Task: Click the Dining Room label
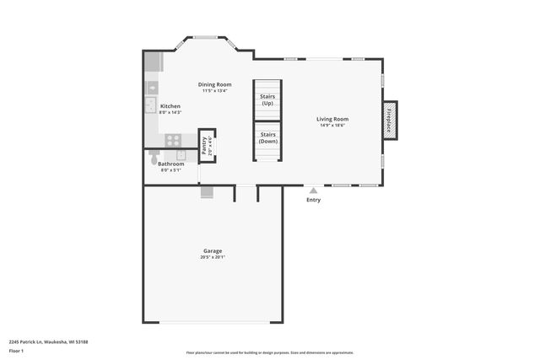(214, 84)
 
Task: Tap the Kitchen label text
(170, 106)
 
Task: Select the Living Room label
(332, 119)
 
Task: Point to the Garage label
(213, 251)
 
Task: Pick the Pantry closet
(207, 144)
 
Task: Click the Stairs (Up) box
(267, 99)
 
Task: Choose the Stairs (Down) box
(267, 137)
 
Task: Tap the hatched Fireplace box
(390, 120)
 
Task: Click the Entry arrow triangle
(313, 191)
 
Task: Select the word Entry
(313, 200)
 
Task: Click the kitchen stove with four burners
(173, 140)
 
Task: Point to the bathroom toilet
(154, 156)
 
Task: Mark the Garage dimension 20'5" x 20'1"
(213, 257)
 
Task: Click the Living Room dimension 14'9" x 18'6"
(332, 125)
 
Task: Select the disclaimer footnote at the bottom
(269, 352)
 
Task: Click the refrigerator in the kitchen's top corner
(152, 62)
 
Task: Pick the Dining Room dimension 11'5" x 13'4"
(214, 90)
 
